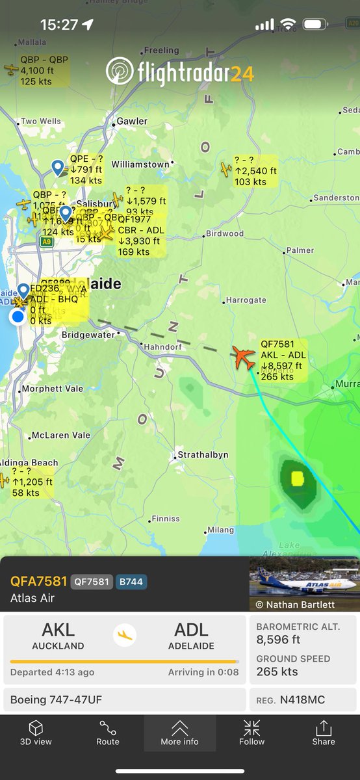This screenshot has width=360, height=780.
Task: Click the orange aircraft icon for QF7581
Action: click(244, 357)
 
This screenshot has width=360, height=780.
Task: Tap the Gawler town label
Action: click(132, 122)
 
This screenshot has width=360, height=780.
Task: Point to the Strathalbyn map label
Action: click(203, 455)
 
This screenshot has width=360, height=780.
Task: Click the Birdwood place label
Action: click(224, 233)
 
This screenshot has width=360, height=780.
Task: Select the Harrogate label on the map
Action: click(245, 300)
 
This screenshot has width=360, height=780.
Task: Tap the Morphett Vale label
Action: click(52, 389)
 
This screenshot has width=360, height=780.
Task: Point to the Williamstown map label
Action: click(140, 164)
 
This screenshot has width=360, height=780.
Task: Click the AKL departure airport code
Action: click(58, 630)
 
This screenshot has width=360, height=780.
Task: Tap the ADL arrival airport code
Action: click(192, 630)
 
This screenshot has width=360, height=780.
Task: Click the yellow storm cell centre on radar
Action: click(298, 479)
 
